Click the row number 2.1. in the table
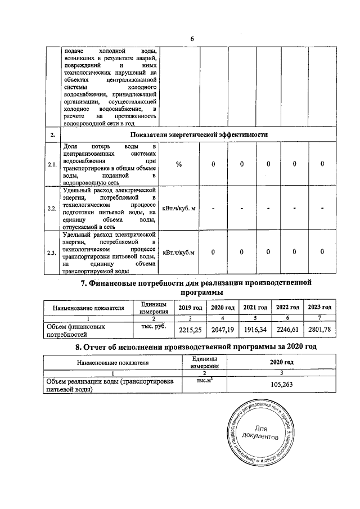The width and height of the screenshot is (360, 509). [52, 164]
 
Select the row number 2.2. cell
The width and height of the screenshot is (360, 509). [52, 209]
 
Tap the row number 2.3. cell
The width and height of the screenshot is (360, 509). [52, 253]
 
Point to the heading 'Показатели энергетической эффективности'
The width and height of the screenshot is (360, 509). [199, 135]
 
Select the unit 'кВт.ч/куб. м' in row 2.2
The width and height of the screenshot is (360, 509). [179, 209]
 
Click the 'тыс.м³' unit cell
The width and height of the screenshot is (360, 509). [203, 381]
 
